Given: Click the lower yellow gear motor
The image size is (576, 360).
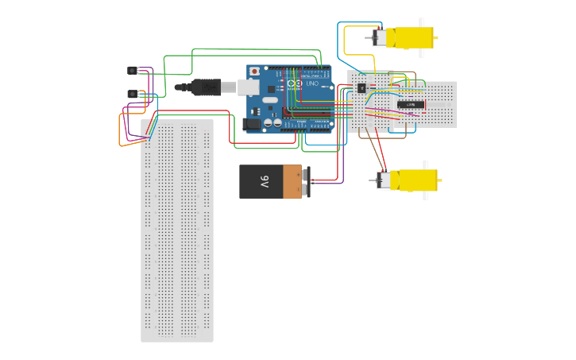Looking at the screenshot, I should tap(413, 180).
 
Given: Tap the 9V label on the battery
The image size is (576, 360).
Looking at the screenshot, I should tap(265, 181).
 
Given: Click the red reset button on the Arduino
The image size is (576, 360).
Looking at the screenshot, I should tap(254, 71).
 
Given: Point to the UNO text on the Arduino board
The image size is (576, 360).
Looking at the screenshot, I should tap(311, 83).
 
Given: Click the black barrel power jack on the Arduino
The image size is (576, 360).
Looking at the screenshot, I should tap(253, 123).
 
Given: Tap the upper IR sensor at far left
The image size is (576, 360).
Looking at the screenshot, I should tap(132, 70).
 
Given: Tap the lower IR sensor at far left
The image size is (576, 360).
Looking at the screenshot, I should tap(132, 94).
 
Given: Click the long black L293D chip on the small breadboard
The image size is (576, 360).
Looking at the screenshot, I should tap(410, 104).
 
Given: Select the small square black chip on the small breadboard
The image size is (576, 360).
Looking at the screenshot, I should tap(361, 87).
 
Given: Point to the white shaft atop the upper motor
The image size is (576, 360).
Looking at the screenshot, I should tap(422, 23).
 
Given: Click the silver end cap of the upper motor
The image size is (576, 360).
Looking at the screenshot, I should tap(380, 37).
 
